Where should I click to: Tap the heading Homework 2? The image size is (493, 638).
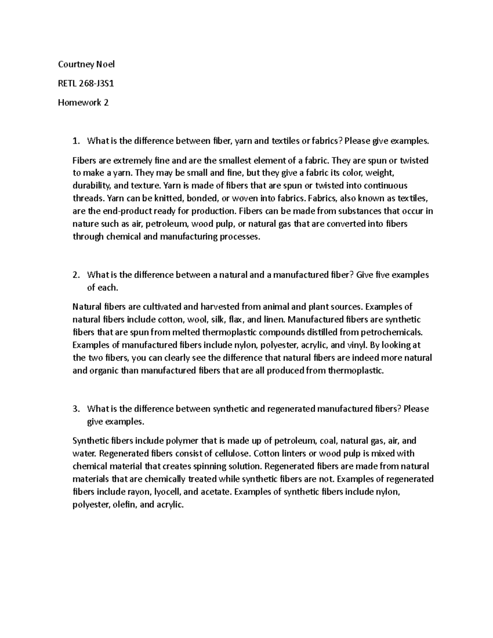pyautogui.click(x=83, y=103)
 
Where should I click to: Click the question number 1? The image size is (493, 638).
pyautogui.click(x=75, y=141)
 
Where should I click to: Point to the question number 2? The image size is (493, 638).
pyautogui.click(x=75, y=275)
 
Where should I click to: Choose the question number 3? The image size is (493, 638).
pyautogui.click(x=75, y=409)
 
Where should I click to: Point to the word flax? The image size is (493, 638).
pyautogui.click(x=238, y=320)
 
